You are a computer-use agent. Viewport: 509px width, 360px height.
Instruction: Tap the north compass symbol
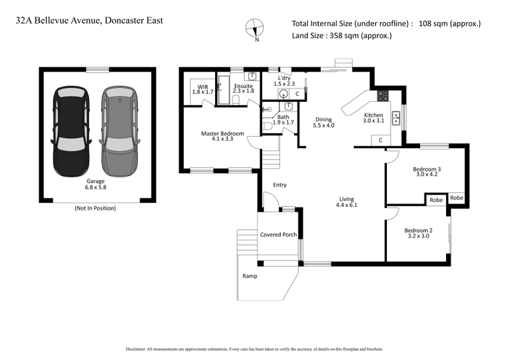[x=256, y=29]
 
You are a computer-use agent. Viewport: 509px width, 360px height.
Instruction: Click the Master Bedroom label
[x=222, y=136]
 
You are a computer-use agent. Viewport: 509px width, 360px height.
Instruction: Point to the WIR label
[x=203, y=89]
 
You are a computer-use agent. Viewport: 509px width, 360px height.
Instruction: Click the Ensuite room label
[x=243, y=88]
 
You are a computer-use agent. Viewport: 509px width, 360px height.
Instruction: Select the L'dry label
[x=284, y=81]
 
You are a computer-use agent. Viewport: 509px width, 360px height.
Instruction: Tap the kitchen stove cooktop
[x=384, y=97]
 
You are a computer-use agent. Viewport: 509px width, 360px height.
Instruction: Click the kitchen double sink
[x=396, y=118]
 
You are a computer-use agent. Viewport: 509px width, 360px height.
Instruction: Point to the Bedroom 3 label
[x=428, y=172]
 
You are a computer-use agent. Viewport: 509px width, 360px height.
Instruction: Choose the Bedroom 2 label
[x=418, y=233]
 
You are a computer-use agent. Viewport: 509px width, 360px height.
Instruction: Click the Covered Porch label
[x=279, y=235]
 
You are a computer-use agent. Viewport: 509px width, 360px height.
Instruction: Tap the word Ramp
[x=249, y=277]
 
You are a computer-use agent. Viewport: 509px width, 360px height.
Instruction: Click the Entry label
[x=279, y=185]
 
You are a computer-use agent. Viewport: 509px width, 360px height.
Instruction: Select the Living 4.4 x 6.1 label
[x=347, y=202]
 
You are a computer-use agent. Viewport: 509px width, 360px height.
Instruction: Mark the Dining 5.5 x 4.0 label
[x=324, y=123]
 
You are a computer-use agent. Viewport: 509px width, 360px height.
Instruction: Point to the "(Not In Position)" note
[x=95, y=208]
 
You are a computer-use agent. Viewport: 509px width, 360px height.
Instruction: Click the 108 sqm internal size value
[x=449, y=24]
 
